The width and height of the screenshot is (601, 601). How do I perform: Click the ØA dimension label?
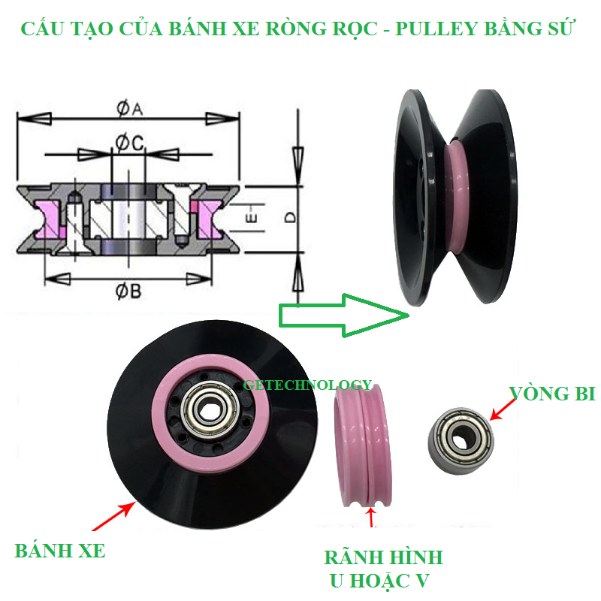[128, 109]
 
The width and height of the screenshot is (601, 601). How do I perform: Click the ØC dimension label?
[128, 141]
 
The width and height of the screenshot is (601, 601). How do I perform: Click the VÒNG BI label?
[552, 393]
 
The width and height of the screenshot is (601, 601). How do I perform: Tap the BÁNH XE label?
[60, 551]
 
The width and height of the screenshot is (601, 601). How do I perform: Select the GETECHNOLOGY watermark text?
[307, 385]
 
